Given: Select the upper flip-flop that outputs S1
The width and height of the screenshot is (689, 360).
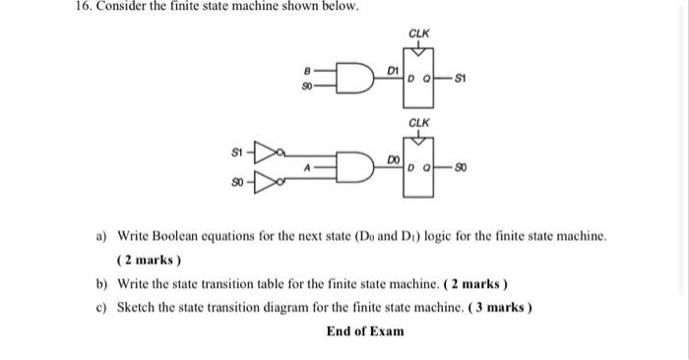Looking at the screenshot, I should (x=419, y=77).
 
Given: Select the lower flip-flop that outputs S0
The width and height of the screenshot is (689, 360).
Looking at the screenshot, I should (x=419, y=168).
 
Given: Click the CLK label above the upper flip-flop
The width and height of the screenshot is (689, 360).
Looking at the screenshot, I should (x=419, y=33).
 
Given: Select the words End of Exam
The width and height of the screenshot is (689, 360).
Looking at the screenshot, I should (x=364, y=330).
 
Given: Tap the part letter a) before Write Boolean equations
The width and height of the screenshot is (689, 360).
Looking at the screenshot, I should (x=101, y=237).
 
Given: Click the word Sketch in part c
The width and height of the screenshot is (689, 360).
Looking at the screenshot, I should (x=137, y=307).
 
